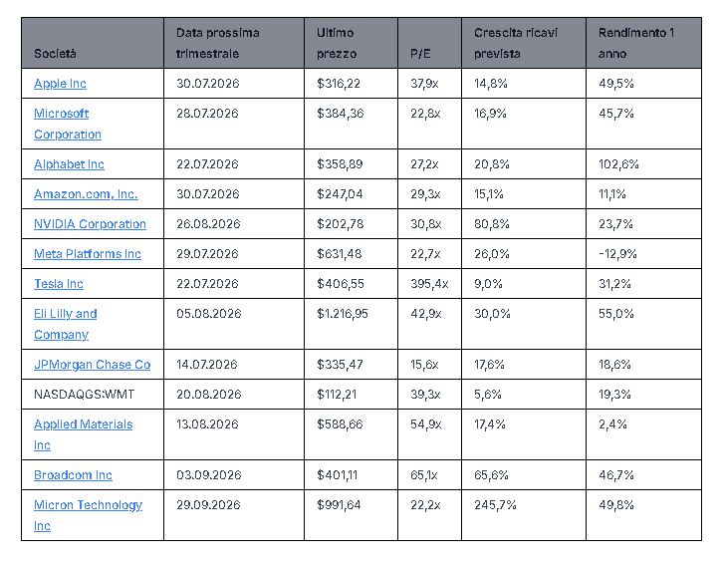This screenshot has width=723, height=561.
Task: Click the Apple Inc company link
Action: point(60,84)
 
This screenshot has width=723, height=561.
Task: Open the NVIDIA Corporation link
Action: point(90,224)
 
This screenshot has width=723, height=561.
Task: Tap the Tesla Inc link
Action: point(59,284)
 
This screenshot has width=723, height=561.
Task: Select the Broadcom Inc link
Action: point(73,474)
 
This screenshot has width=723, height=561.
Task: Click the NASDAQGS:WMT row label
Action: point(84,395)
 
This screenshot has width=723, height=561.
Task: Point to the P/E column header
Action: point(420,54)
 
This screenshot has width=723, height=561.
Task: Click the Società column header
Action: point(55,54)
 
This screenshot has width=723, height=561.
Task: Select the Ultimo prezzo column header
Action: point(337,43)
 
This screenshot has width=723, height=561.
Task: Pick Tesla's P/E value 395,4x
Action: point(429,284)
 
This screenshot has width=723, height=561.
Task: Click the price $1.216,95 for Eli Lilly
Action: point(343,314)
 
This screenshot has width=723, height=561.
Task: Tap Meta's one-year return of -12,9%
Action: point(617,254)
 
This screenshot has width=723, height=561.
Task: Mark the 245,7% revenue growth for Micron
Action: point(495,505)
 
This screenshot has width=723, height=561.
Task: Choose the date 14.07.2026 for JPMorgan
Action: point(206,365)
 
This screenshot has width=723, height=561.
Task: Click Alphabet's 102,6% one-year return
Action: point(618,164)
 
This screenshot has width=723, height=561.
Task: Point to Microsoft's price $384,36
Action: point(340,114)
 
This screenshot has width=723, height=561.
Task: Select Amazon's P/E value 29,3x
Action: point(425,194)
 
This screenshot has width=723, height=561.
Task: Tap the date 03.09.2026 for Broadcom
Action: point(208,474)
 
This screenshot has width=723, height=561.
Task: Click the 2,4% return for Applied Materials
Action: point(612,424)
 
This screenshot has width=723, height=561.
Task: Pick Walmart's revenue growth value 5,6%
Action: point(487,395)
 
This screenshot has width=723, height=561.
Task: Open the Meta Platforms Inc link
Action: point(88,254)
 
